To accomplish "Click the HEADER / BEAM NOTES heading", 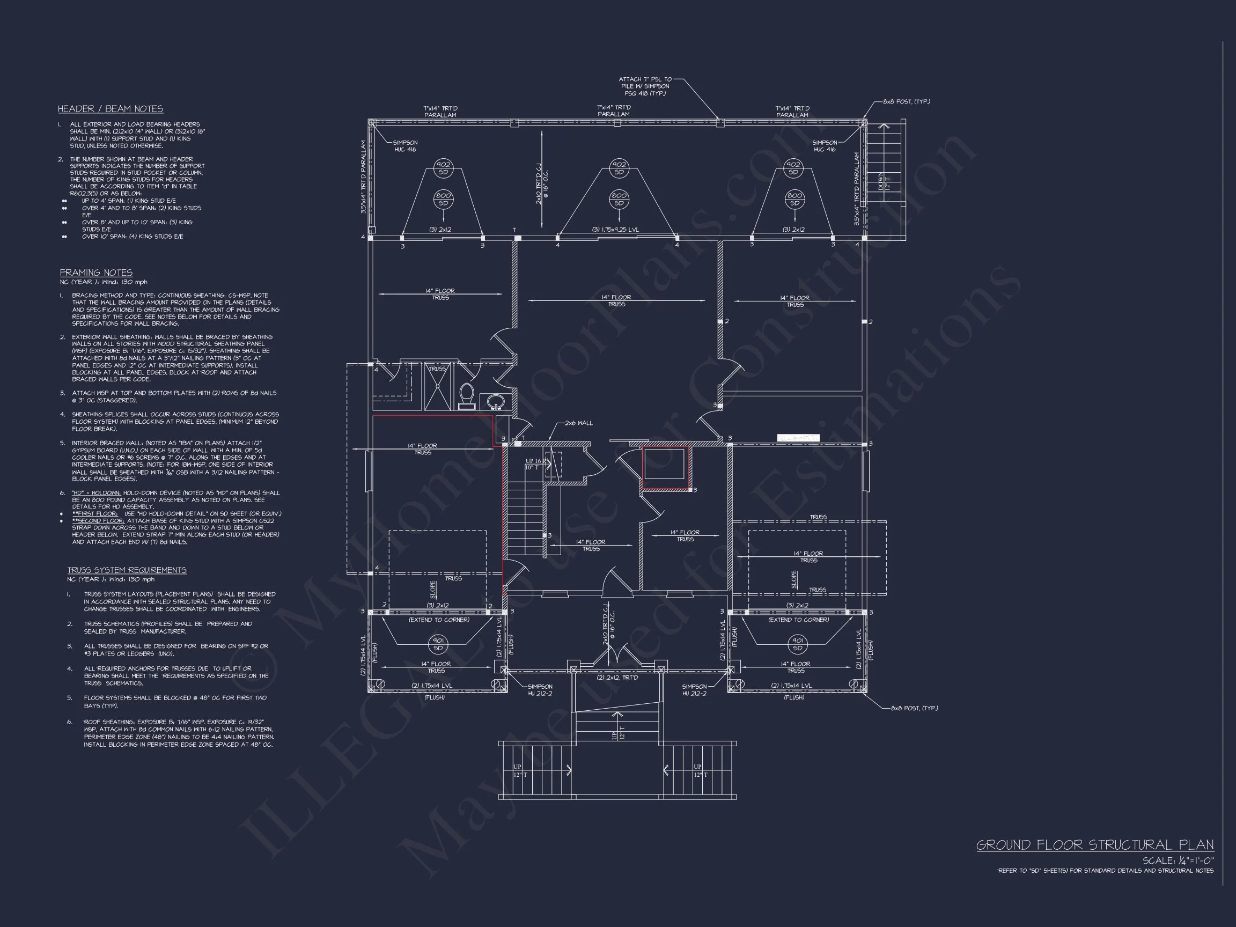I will (110, 109).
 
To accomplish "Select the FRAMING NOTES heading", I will (96, 273).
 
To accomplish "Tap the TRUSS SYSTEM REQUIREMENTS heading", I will (127, 570).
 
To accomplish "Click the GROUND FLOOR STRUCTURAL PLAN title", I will (1094, 845).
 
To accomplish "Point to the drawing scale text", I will (1178, 861).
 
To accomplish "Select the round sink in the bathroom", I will (495, 401).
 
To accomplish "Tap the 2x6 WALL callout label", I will (578, 423).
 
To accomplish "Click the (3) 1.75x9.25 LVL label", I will (615, 230).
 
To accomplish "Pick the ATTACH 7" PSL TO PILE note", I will (645, 86).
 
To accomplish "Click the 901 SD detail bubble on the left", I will (438, 644).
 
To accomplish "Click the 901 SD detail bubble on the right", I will (797, 644).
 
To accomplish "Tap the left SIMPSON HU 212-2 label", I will (540, 690).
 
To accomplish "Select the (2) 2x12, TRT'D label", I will (617, 678).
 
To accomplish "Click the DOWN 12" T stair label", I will (884, 182).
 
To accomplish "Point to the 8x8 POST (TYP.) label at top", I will (906, 102).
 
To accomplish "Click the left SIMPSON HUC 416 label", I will (405, 146).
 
